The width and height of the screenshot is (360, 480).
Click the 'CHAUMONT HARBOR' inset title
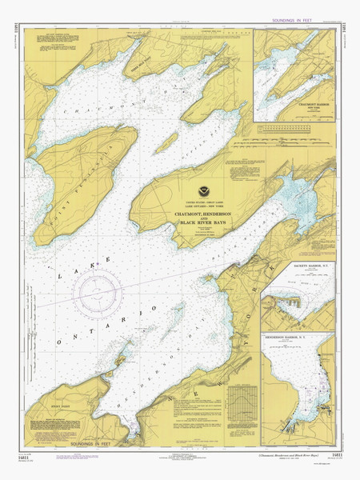pos(302,103)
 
